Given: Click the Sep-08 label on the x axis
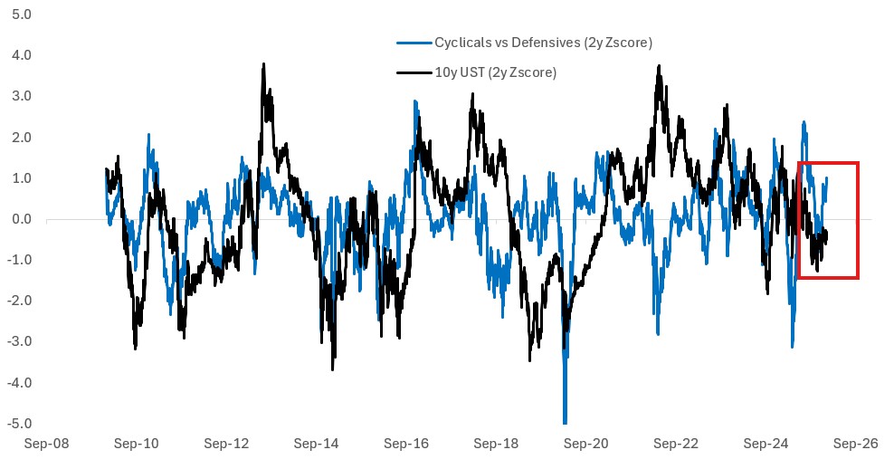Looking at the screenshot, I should [x=47, y=445].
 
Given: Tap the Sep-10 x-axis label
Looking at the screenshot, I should [x=137, y=445].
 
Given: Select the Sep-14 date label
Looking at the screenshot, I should [x=317, y=445].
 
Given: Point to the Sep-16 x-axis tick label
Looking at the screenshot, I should [x=406, y=445].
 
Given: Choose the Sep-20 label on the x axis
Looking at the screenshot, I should [x=586, y=445].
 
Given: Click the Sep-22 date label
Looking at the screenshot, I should [x=676, y=445].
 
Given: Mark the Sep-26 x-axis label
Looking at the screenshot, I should [x=856, y=445].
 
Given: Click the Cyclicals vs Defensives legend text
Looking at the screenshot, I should [x=543, y=43].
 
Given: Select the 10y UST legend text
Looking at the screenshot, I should [x=495, y=72].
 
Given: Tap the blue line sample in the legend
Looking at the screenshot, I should [x=414, y=43].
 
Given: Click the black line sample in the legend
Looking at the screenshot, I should [x=414, y=72].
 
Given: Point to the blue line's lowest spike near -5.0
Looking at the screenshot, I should [x=565, y=422].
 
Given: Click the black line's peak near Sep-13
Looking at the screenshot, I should [x=263, y=65].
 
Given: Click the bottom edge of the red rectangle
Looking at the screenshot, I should [x=828, y=278].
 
